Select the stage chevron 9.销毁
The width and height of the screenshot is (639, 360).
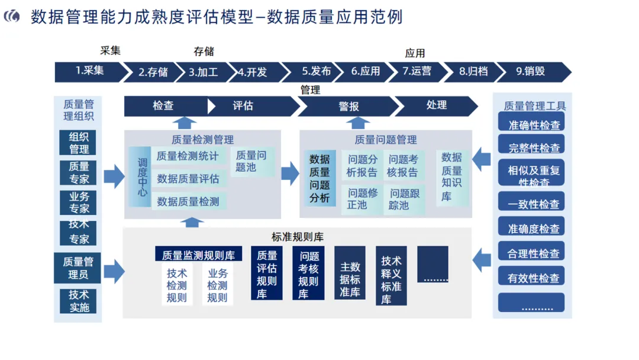pyautogui.click(x=531, y=72)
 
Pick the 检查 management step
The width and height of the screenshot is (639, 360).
pyautogui.click(x=163, y=106)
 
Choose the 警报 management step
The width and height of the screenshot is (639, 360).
pyautogui.click(x=348, y=107)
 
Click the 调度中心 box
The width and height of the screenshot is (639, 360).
pyautogui.click(x=141, y=178)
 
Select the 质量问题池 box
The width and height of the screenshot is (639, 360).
pyautogui.click(x=251, y=161)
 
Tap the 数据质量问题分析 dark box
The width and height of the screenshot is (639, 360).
pyautogui.click(x=319, y=178)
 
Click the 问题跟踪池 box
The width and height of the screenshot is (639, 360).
pyautogui.click(x=405, y=200)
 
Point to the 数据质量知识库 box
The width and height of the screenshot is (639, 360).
pyautogui.click(x=451, y=176)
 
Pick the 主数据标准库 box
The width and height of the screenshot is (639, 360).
pyautogui.click(x=350, y=279)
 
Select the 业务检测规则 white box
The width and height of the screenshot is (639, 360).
pyautogui.click(x=217, y=285)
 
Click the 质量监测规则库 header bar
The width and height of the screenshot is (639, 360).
pyautogui.click(x=198, y=255)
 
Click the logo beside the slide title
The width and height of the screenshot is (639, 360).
pyautogui.click(x=11, y=17)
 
